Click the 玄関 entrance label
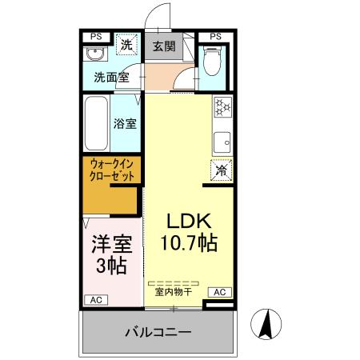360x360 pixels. [x=163, y=45]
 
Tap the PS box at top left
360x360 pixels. [x=96, y=36]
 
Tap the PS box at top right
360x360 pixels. [x=215, y=36]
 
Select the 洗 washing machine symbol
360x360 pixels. [x=126, y=45]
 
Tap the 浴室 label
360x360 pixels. [x=126, y=125]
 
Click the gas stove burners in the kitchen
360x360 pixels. [x=222, y=106]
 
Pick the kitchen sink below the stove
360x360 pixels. [x=222, y=142]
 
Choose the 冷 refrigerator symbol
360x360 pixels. [x=222, y=170]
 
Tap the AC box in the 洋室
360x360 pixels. [x=96, y=300]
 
